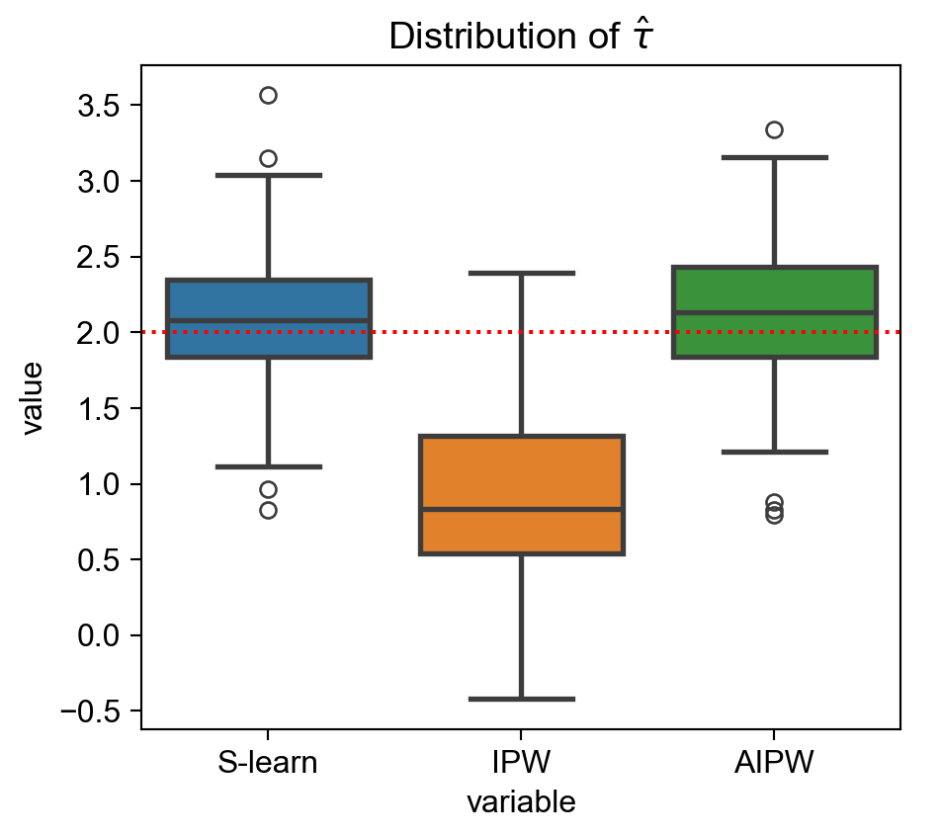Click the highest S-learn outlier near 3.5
click(x=268, y=95)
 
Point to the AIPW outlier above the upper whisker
click(x=774, y=129)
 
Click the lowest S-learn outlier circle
click(x=268, y=510)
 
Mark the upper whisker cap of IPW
click(x=521, y=273)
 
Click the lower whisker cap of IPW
click(x=521, y=699)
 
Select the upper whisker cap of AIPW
click(x=774, y=157)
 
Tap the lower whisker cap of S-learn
click(x=268, y=466)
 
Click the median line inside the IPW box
click(x=521, y=509)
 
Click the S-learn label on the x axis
click(x=268, y=764)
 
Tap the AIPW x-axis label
click(x=774, y=764)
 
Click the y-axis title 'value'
click(x=34, y=397)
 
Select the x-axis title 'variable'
click(x=521, y=802)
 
